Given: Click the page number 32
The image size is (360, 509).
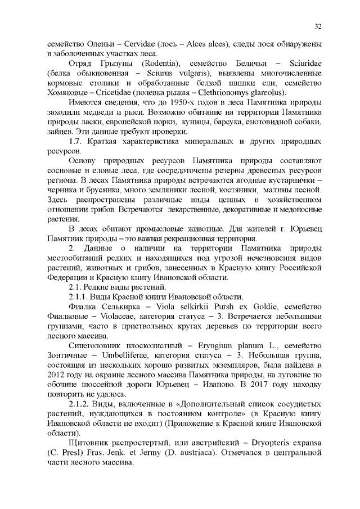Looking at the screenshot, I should (318, 26).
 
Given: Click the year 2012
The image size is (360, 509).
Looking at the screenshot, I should (56, 375).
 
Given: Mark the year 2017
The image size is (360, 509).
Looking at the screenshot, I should (251, 384).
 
